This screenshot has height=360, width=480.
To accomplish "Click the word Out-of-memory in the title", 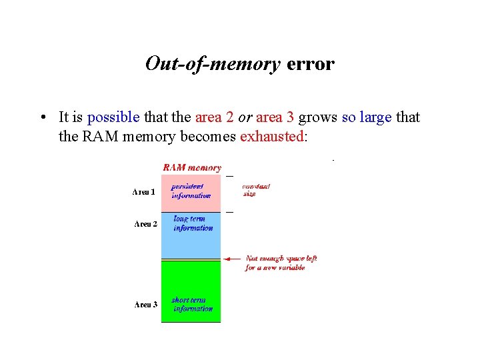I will point(213,64).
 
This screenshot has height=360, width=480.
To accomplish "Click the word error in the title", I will point(310,64).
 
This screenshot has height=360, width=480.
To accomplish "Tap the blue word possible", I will point(113,117).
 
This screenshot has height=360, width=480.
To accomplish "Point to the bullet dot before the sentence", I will point(43,118).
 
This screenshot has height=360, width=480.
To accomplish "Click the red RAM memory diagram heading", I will point(192,168).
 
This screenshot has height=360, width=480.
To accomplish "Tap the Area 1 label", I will point(145,192).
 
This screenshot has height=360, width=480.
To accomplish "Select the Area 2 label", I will point(146,224).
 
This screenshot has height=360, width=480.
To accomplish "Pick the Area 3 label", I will point(146,305).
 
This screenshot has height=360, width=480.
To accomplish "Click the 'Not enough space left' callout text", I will point(281,263).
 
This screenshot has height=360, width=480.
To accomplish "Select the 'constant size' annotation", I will point(255,190).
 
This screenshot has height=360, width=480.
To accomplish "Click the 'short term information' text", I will point(192,305).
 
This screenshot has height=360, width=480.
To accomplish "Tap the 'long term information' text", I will point(192,223).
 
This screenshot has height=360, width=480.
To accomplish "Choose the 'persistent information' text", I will point(191,191).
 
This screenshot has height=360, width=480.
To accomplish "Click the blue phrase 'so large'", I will point(367,117).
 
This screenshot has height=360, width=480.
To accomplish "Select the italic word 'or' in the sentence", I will point(245,117).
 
